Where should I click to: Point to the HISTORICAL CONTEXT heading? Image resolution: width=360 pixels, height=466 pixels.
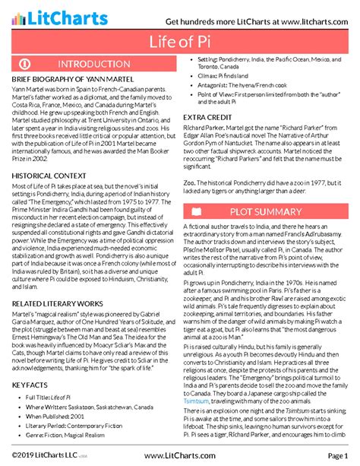(48, 175)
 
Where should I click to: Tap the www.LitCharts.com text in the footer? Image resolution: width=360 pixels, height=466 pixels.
(179, 455)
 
